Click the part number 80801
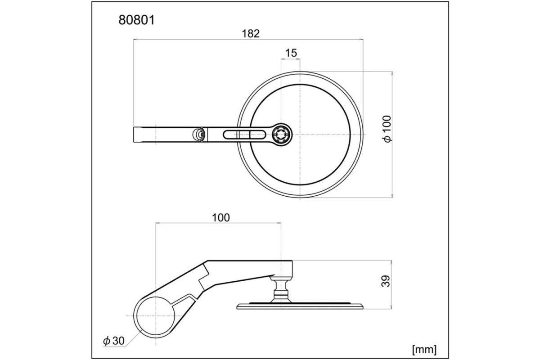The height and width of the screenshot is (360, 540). tap(136, 20)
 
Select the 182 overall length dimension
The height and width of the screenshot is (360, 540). tap(251, 33)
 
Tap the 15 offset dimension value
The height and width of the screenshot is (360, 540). tap(291, 53)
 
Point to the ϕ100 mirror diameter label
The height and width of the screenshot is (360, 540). tap(388, 129)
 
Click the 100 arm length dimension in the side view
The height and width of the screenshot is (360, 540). tap(220, 217)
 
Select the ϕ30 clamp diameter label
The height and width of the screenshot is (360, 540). tap(113, 341)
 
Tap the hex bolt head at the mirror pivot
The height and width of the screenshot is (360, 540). tap(283, 134)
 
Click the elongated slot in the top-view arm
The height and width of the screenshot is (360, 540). tap(243, 134)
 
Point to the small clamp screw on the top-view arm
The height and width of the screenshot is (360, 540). tap(197, 134)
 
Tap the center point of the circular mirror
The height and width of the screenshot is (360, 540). tap(300, 134)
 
